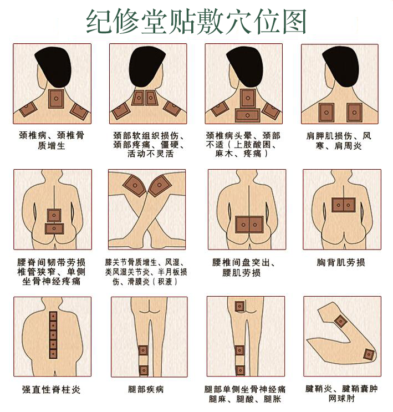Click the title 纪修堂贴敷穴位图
[196, 22]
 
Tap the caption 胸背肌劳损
[341, 262]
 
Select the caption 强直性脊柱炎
[51, 389]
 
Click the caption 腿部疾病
[146, 389]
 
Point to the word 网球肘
[341, 398]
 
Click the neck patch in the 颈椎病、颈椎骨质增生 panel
[56, 99]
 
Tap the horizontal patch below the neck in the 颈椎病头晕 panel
[247, 115]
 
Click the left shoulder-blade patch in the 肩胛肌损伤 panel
[326, 113]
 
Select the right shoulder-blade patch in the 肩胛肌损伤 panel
[354, 113]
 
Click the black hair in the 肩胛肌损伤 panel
[341, 65]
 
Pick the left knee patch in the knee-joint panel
[135, 186]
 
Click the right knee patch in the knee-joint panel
[160, 186]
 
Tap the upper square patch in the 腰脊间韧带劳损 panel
[54, 216]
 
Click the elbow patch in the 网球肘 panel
[369, 354]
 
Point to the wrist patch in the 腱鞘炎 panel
[341, 321]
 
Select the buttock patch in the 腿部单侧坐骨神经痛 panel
[239, 307]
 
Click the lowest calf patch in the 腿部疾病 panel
[144, 370]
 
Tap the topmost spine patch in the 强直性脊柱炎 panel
[53, 316]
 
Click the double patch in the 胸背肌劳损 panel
[344, 205]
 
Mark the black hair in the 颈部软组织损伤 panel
[146, 66]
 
